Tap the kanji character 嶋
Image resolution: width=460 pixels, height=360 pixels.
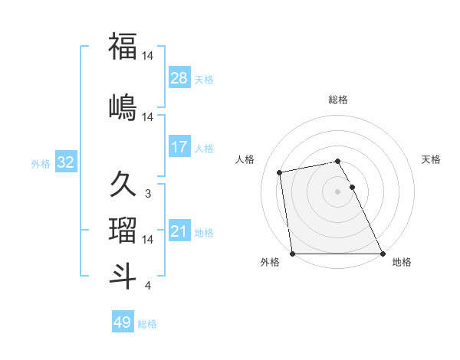pyautogui.click(x=123, y=106)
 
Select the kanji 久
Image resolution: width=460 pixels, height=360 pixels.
pyautogui.click(x=123, y=184)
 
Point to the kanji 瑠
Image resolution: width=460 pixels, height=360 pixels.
pyautogui.click(x=123, y=230)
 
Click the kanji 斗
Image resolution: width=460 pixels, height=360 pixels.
pyautogui.click(x=123, y=276)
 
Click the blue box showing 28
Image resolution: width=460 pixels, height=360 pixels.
pyautogui.click(x=179, y=78)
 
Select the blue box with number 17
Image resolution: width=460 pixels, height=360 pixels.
pyautogui.click(x=179, y=147)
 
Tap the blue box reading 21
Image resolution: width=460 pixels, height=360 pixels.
pyautogui.click(x=179, y=231)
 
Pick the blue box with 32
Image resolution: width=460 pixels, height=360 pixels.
pyautogui.click(x=66, y=162)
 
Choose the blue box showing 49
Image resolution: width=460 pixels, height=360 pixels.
pyautogui.click(x=123, y=322)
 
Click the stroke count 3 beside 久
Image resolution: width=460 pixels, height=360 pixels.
pyautogui.click(x=147, y=194)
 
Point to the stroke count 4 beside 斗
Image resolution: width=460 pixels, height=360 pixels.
pyautogui.click(x=147, y=286)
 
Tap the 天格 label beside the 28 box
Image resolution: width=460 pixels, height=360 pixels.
pyautogui.click(x=204, y=79)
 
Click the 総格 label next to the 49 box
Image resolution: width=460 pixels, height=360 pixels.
pyautogui.click(x=147, y=324)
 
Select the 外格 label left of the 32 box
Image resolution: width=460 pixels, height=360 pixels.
pyautogui.click(x=41, y=163)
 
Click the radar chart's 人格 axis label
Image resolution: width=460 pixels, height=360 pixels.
pyautogui.click(x=246, y=159)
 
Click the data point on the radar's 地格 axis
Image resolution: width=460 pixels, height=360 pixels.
pyautogui.click(x=383, y=254)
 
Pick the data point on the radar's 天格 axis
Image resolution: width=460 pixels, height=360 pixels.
pyautogui.click(x=353, y=187)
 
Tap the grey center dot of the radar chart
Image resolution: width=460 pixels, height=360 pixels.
pyautogui.click(x=337, y=191)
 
